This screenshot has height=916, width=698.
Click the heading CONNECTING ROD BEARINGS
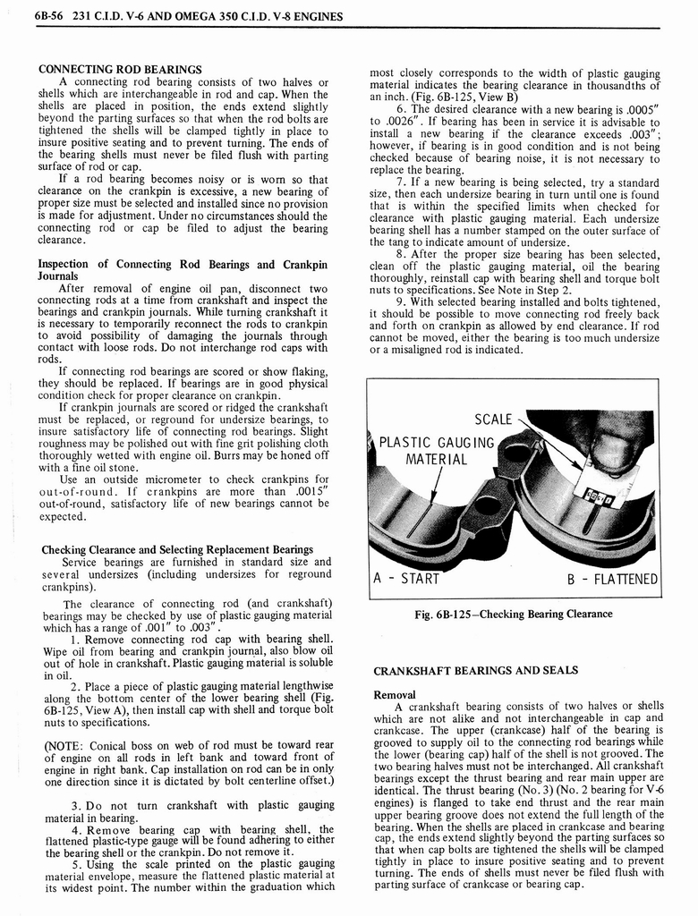119,70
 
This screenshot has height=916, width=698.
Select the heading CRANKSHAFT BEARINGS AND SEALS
475,670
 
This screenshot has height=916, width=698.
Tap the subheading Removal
395,694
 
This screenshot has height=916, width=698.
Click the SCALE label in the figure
493,419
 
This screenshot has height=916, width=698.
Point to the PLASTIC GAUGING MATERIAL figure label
437,451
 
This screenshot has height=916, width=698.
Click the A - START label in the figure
409,578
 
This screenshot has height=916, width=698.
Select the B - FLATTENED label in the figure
612,578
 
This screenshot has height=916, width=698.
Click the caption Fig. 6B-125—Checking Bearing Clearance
513,614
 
